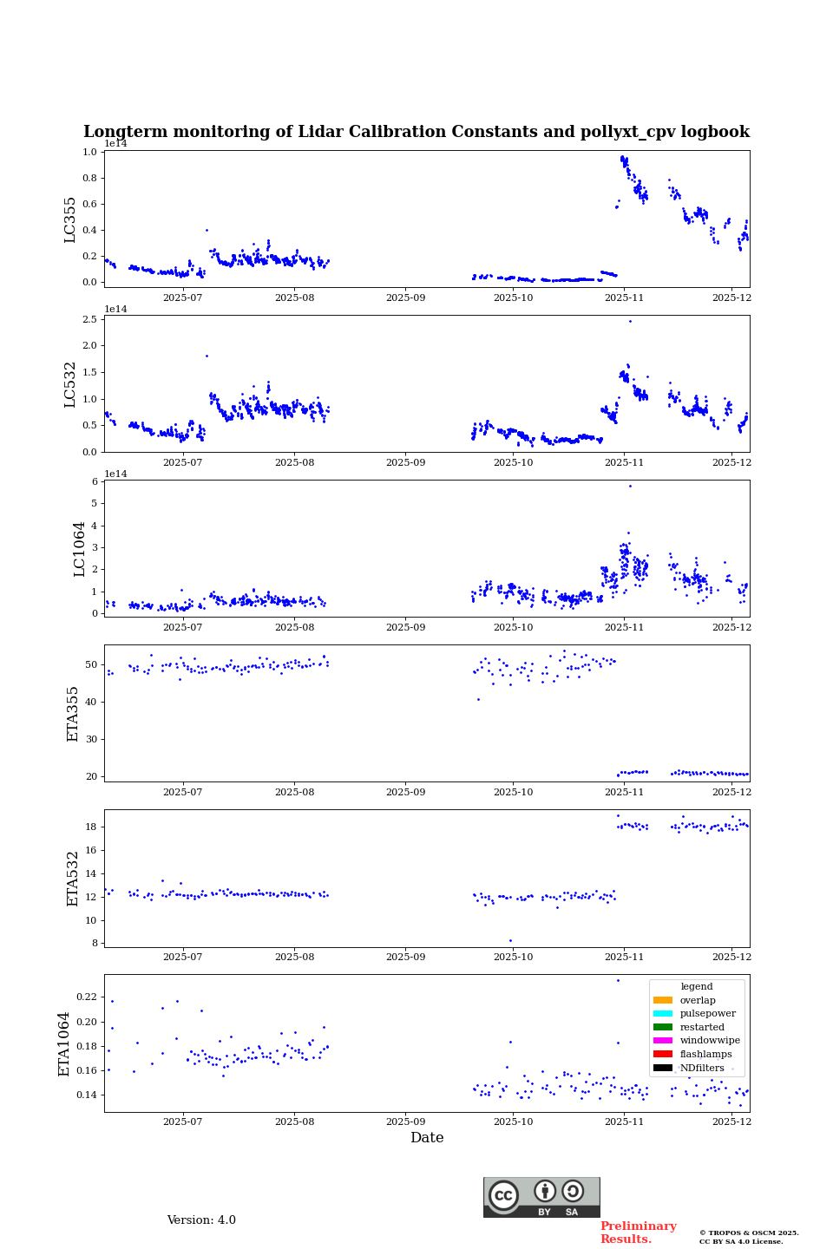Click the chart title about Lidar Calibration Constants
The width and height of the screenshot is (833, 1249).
[416, 132]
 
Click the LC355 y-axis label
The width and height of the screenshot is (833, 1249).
[70, 219]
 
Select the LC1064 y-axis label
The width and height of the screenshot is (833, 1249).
[80, 549]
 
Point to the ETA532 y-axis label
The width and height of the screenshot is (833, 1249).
[73, 879]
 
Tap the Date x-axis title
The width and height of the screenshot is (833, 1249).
[427, 1138]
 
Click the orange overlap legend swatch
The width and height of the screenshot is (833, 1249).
[663, 1000]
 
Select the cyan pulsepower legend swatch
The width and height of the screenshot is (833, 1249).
[663, 1014]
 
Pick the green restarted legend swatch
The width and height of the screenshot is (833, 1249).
[663, 1027]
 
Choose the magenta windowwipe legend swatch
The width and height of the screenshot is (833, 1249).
[663, 1041]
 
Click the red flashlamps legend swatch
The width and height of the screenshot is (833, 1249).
[663, 1055]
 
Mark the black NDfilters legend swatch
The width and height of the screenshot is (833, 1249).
[663, 1068]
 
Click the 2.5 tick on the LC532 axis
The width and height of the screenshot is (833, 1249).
[90, 320]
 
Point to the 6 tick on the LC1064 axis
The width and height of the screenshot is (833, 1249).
[95, 482]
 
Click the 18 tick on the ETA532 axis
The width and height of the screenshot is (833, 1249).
[91, 827]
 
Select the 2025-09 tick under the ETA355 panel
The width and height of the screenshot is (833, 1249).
[405, 792]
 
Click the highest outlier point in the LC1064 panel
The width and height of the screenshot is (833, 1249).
[630, 486]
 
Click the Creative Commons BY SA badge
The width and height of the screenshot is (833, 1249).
[541, 1197]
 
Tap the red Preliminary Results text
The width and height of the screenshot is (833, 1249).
[638, 1233]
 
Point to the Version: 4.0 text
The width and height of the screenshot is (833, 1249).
[201, 1220]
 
